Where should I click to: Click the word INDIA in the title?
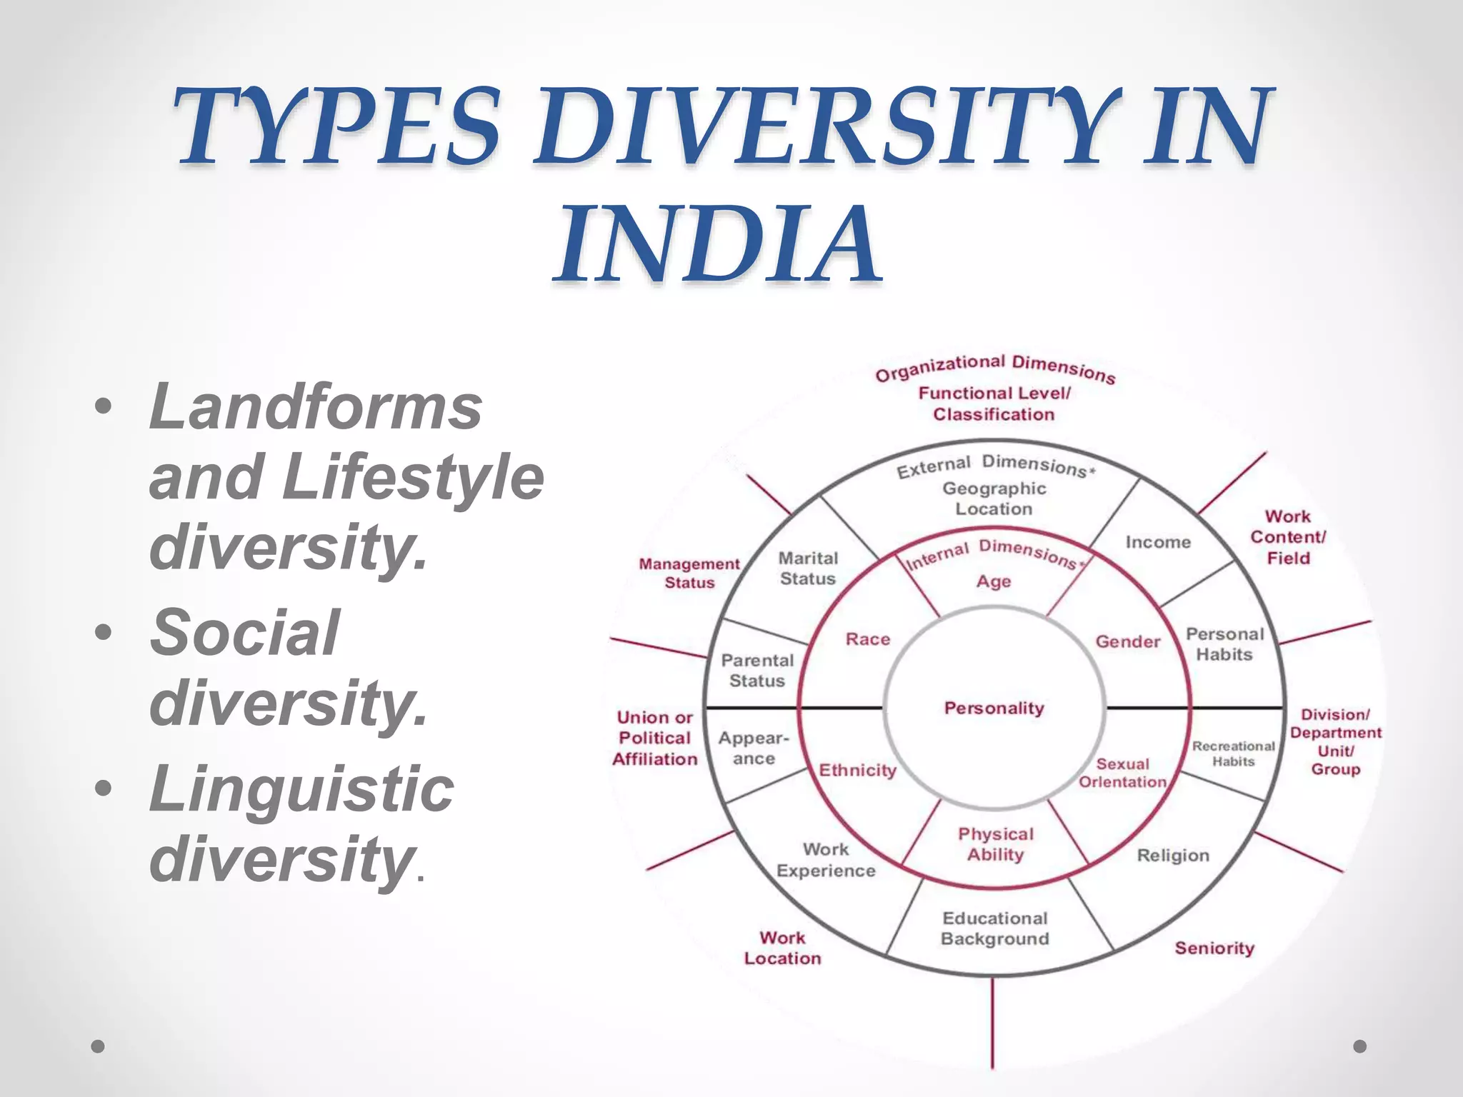click(x=717, y=244)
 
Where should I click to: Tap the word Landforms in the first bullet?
click(x=315, y=406)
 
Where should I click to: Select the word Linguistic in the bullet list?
click(x=301, y=788)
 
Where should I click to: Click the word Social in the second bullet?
click(x=244, y=632)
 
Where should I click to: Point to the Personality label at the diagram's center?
click(x=994, y=708)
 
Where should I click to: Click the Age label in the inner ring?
click(x=994, y=581)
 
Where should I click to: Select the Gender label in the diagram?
click(x=1127, y=641)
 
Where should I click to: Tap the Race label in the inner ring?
click(x=867, y=639)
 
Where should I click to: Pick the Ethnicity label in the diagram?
click(x=857, y=770)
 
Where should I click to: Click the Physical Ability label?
click(x=995, y=844)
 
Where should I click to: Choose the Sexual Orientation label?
click(x=1122, y=773)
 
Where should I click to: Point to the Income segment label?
click(x=1158, y=542)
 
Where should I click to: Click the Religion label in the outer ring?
click(x=1173, y=855)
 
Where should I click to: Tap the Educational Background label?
click(x=994, y=928)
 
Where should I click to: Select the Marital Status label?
click(x=808, y=568)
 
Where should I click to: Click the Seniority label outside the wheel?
click(x=1214, y=948)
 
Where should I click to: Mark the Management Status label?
click(x=689, y=573)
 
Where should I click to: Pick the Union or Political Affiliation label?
click(x=654, y=738)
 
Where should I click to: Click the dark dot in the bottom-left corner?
click(x=99, y=1046)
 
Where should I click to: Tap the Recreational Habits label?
click(x=1233, y=753)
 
